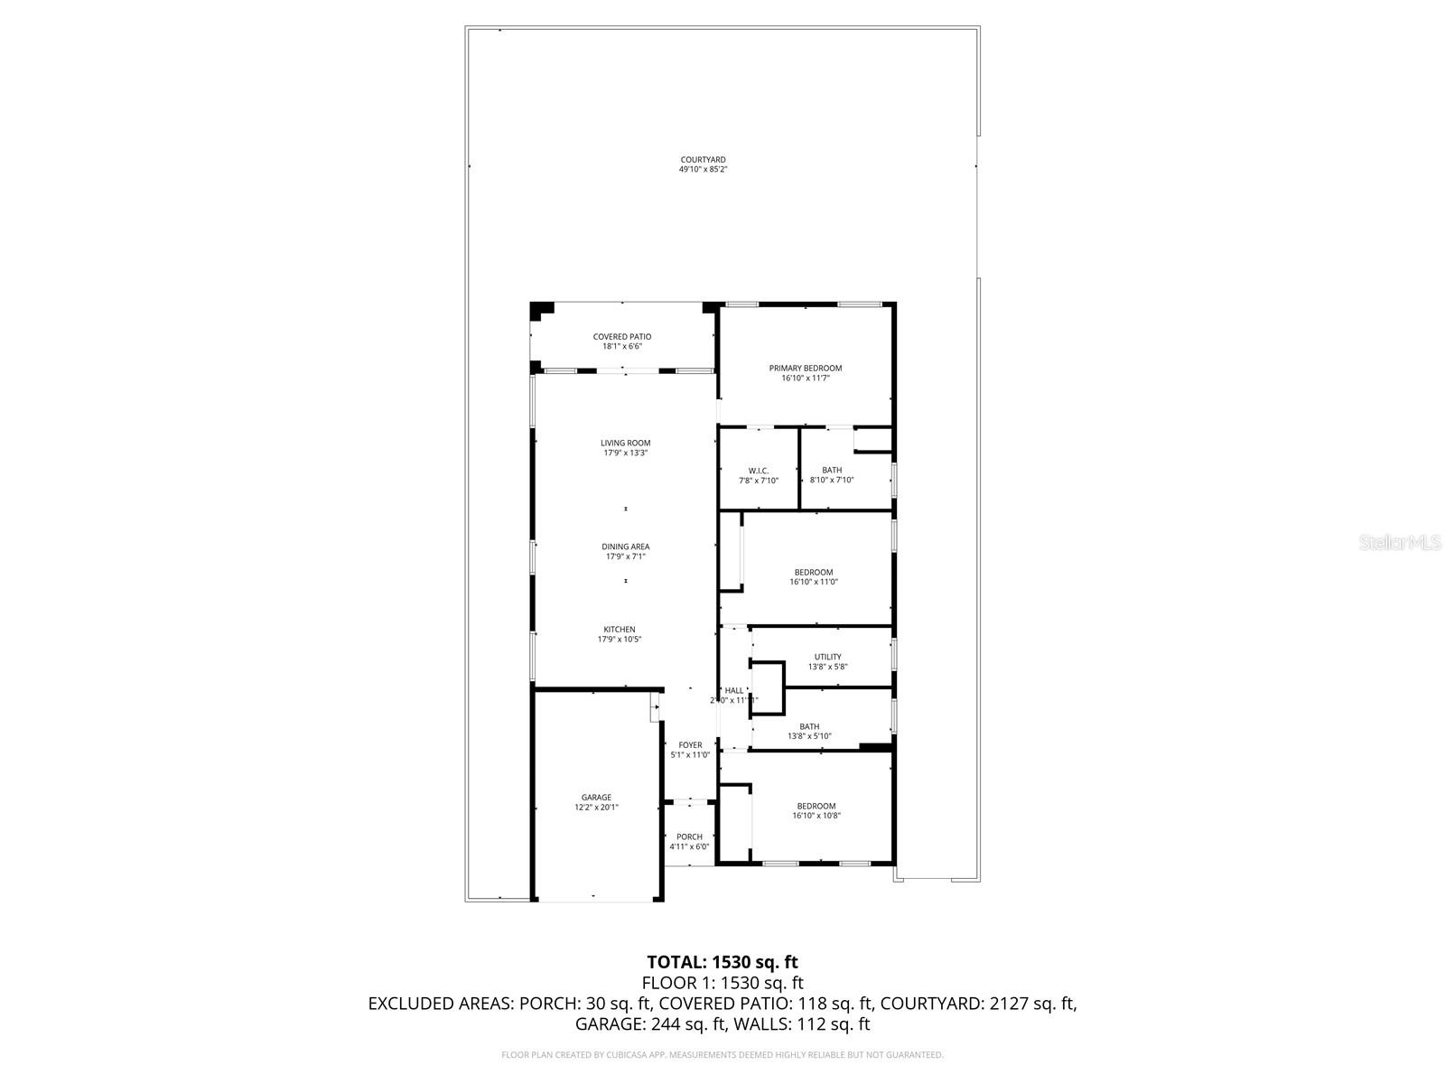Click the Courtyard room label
pos(703,160)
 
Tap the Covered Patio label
pos(622,337)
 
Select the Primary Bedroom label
pos(805,368)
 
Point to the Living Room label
pos(626,443)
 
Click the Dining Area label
pos(626,547)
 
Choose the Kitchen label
pos(620,630)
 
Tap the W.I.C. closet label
pos(759,471)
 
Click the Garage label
pos(596,798)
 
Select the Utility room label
pos(827,657)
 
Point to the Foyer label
pos(690,745)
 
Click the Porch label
pos(689,837)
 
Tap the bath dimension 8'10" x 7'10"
pos(832,481)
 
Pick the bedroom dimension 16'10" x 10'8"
pos(816,816)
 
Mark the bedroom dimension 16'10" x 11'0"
pos(814,582)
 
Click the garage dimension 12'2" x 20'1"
pos(596,808)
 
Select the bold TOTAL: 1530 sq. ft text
pos(722,962)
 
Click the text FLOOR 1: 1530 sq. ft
pos(722,983)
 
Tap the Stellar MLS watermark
pos(1401,543)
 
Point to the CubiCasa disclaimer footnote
pos(722,1055)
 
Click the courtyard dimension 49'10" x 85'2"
pos(703,170)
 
